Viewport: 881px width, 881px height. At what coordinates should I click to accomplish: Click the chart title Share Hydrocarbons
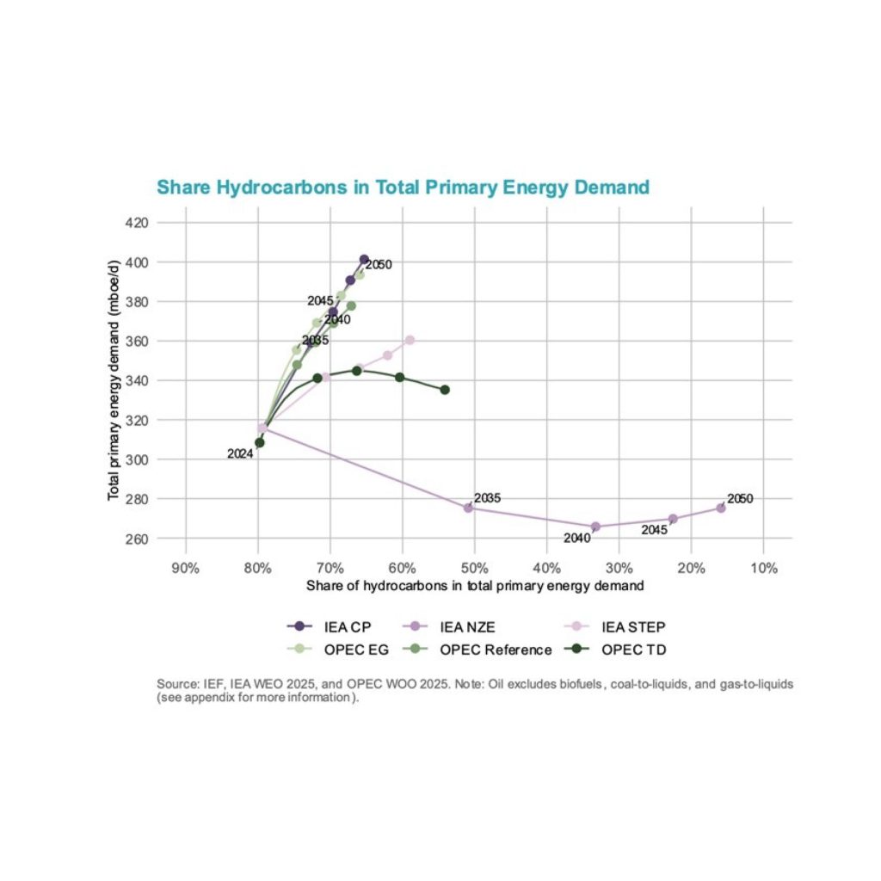[x=402, y=188]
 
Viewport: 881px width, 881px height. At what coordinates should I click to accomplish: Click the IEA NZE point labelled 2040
[x=595, y=527]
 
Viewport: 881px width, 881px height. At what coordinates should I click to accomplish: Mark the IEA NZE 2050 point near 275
[x=721, y=508]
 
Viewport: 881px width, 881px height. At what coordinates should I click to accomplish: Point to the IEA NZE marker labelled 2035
[x=469, y=508]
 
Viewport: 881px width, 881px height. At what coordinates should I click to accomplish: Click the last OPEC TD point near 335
[x=445, y=390]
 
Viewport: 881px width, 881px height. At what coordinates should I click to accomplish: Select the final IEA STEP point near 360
[x=410, y=340]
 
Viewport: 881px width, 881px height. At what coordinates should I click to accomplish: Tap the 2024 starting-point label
[x=240, y=454]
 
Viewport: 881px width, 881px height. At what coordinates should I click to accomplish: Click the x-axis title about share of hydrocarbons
[x=475, y=586]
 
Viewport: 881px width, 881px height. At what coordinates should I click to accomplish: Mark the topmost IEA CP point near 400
[x=364, y=259]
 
